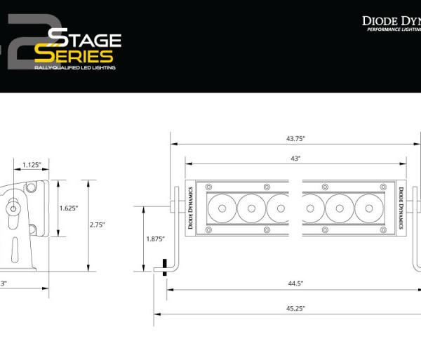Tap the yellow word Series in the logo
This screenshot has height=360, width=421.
74,55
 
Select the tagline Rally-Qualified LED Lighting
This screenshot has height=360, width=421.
75,68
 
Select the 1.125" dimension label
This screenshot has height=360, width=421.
31,164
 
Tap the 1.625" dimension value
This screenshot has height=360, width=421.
67,208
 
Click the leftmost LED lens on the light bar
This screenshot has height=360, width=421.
222,208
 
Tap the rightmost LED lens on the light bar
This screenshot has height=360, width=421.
368,208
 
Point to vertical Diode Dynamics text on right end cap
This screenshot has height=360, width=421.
399,208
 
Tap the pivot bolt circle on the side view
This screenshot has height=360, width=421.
13,208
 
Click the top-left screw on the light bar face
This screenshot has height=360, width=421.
208,187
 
